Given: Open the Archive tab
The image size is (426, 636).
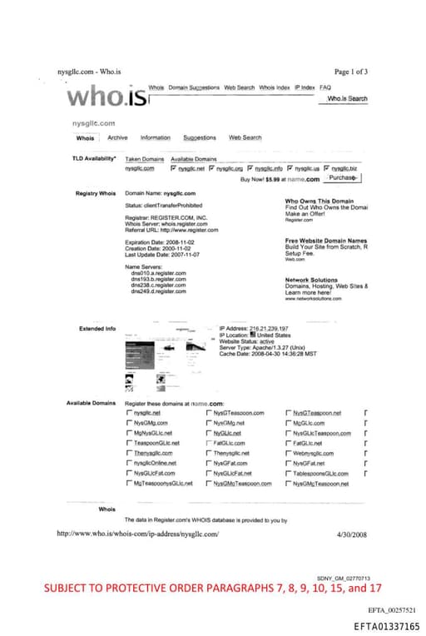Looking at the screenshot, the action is click(x=117, y=137).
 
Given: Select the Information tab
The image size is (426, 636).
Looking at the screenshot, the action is click(x=156, y=137).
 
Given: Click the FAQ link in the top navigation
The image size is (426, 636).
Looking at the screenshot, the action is click(x=325, y=87).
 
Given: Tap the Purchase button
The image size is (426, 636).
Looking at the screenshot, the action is click(x=344, y=177).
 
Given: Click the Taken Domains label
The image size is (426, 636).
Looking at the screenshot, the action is click(x=144, y=159).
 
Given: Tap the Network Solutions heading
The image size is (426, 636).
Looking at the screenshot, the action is click(x=311, y=281).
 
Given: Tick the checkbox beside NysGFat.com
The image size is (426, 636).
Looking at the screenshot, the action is click(x=208, y=463).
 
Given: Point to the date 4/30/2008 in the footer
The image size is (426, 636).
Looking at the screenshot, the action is click(x=354, y=534).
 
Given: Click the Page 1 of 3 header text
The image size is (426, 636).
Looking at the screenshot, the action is click(x=352, y=72).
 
